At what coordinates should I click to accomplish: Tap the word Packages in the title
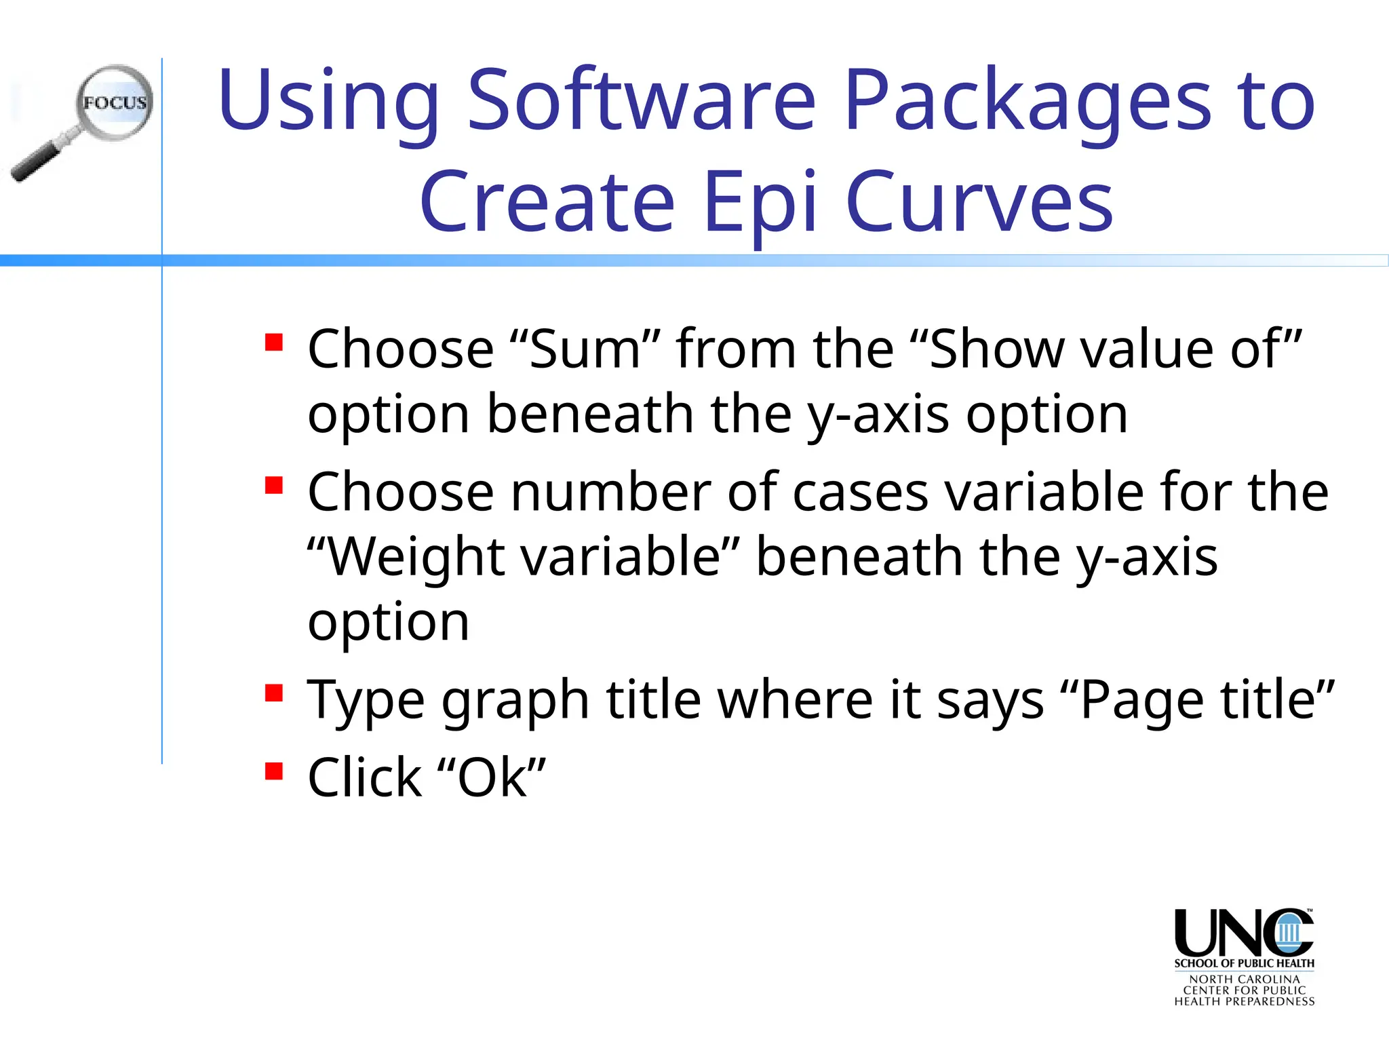click(1028, 102)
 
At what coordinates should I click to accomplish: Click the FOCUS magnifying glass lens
click(114, 102)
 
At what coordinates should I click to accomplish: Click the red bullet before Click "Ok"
click(274, 771)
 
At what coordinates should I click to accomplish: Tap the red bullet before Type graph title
click(274, 693)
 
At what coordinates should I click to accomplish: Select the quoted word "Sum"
click(585, 349)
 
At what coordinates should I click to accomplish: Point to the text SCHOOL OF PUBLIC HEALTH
click(1244, 963)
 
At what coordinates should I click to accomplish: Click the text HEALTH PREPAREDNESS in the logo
click(1244, 1001)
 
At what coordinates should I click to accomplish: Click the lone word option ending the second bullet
click(388, 622)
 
